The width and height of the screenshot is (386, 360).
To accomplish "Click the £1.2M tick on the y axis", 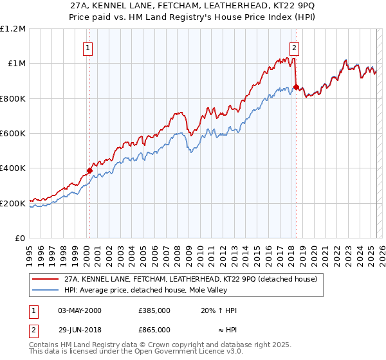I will coord(13,28).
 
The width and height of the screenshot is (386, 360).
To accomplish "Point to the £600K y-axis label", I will coord(13,134).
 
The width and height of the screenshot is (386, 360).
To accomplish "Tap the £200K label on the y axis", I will coord(13,204).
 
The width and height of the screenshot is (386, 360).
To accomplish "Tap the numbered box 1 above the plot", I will coord(87,47).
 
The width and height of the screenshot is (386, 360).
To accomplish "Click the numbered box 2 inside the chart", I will coord(294,47).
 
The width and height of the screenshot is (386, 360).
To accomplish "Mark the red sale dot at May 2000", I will coord(89,171).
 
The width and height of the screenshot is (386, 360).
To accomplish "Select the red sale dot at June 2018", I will coord(295,87).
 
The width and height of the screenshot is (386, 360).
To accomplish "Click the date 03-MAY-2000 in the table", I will coord(80,310).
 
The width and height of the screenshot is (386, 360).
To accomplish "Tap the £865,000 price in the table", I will coord(154,329).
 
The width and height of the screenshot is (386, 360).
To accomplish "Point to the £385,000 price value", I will coord(154,310).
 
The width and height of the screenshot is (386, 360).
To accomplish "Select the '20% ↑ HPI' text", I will coord(219,310).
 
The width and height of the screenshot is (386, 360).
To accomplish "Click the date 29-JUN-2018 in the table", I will coord(80,329).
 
